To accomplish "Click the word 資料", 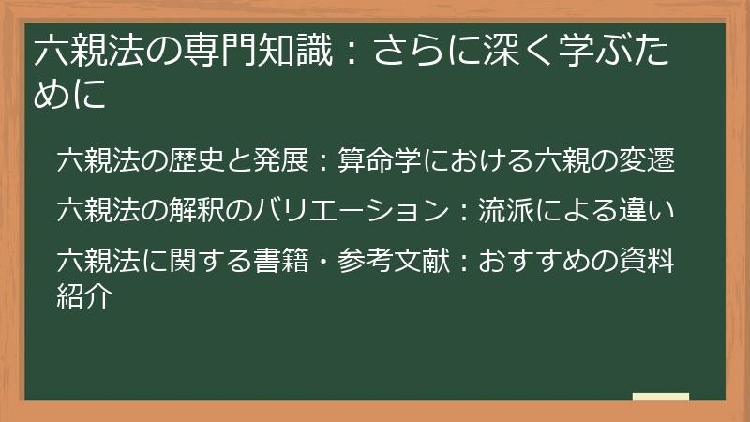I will coord(648,255).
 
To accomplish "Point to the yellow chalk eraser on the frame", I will coord(662,398).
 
